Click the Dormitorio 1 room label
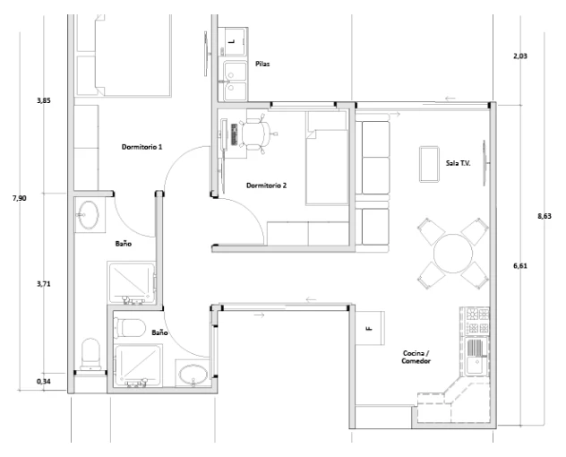(141, 147)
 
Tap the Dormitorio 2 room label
(266, 185)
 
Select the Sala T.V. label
(458, 163)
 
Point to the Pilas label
(262, 64)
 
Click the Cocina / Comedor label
(416, 357)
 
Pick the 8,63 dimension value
(545, 216)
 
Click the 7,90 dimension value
(19, 198)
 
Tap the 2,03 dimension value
(520, 56)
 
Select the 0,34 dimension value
(44, 381)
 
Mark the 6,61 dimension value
(520, 266)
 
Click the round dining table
(453, 254)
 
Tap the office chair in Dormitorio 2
(257, 133)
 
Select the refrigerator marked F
(370, 328)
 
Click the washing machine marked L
(233, 41)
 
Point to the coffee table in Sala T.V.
(429, 164)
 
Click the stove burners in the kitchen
(475, 321)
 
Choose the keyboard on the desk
(235, 134)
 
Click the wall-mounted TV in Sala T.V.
(485, 163)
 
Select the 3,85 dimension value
(44, 100)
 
